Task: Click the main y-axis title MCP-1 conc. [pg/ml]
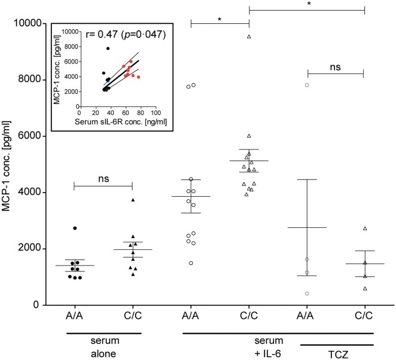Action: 8,164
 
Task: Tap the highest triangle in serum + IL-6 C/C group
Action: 249,36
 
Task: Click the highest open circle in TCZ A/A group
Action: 307,85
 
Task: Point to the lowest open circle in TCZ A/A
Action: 307,294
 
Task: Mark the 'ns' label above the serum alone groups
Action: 102,178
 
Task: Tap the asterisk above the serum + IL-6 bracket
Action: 220,19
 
